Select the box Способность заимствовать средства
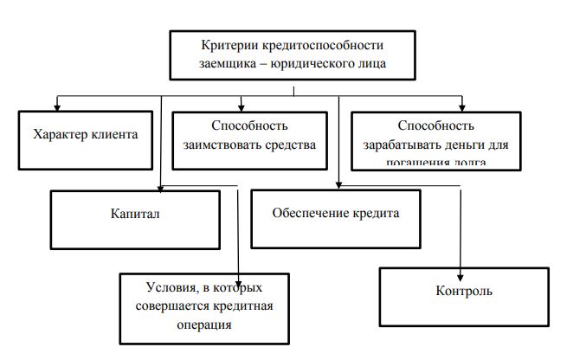point(248,136)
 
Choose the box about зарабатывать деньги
point(436,138)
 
